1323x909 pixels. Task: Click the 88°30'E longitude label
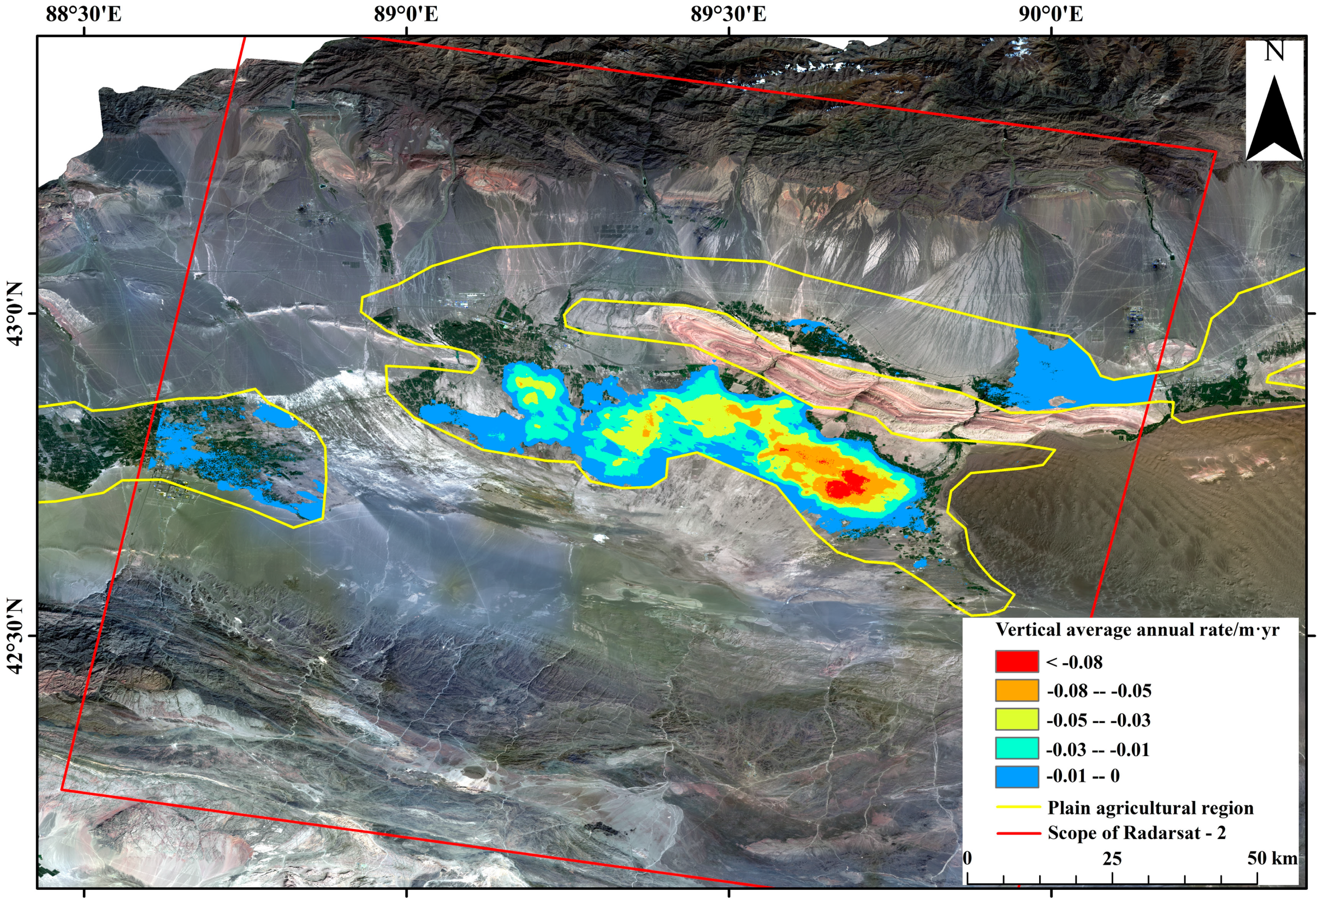[x=84, y=14]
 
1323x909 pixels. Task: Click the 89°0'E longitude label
[x=406, y=14]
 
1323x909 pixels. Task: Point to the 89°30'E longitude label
[x=728, y=14]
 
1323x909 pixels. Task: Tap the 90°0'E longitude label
[x=1051, y=14]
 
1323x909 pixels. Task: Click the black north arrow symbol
[x=1274, y=120]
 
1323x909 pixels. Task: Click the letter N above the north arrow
[x=1274, y=52]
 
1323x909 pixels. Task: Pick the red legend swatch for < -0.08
[x=1017, y=662]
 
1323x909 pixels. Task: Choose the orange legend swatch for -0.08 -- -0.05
[x=1017, y=690]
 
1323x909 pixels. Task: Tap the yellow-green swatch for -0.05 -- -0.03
[x=1017, y=720]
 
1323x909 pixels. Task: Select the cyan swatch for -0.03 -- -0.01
[x=1017, y=748]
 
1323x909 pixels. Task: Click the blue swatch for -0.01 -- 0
[x=1017, y=776]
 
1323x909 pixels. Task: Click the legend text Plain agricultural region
[x=1150, y=807]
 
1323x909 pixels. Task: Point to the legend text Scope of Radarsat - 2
[x=1136, y=833]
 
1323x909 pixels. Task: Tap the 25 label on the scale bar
[x=1112, y=858]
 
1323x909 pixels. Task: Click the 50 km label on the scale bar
[x=1272, y=858]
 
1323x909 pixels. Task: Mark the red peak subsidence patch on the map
[x=847, y=485]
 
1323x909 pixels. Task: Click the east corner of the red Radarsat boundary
[x=1215, y=152]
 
